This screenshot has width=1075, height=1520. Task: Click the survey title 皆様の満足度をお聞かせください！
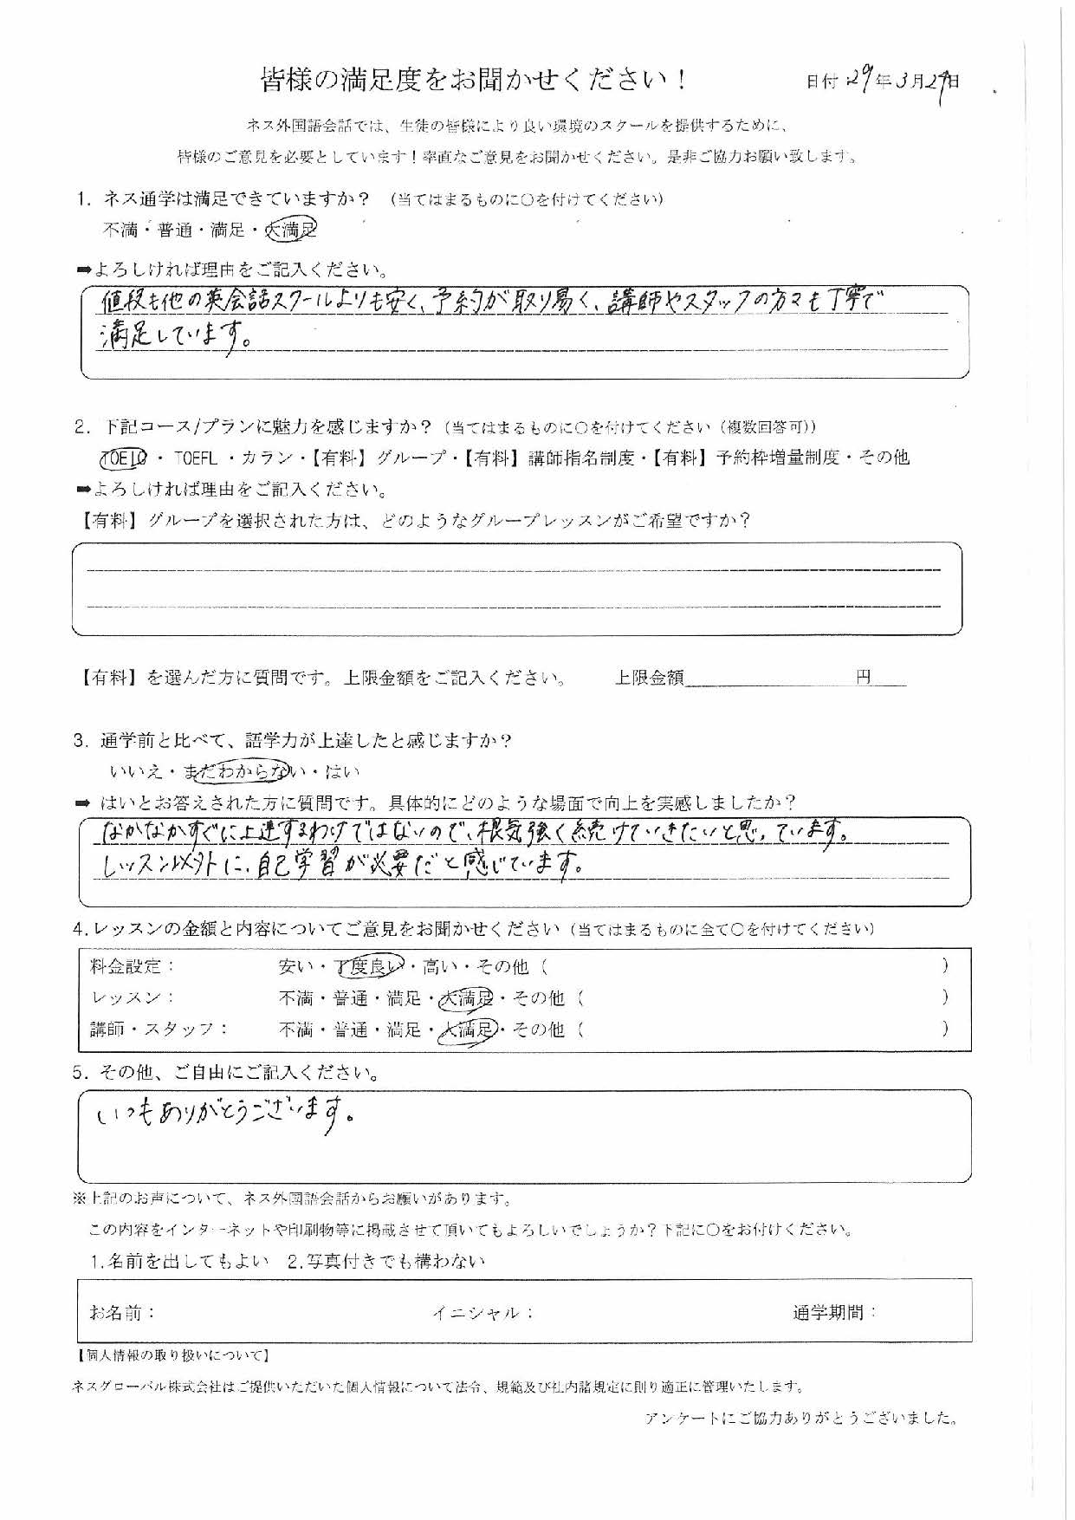474,81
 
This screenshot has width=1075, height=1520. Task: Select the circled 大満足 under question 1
291,230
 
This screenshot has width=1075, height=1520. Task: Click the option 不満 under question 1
121,231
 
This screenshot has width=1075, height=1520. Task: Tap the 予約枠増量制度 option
776,458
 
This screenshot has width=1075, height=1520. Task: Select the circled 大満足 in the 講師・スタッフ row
468,1030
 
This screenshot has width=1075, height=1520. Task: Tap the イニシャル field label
482,1313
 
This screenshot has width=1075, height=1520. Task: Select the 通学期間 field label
834,1312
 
